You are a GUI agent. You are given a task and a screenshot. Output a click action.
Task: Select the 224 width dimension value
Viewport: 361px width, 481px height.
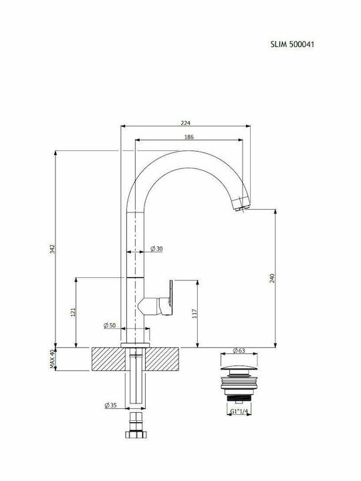click(186, 122)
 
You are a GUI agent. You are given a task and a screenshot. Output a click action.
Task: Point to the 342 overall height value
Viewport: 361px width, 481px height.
click(51, 249)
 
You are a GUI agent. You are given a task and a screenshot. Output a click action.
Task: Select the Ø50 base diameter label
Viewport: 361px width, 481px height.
click(110, 325)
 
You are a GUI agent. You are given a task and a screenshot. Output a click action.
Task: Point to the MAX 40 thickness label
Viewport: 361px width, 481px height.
click(51, 359)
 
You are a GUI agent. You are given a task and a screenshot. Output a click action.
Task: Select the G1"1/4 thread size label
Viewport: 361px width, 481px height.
click(239, 412)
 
